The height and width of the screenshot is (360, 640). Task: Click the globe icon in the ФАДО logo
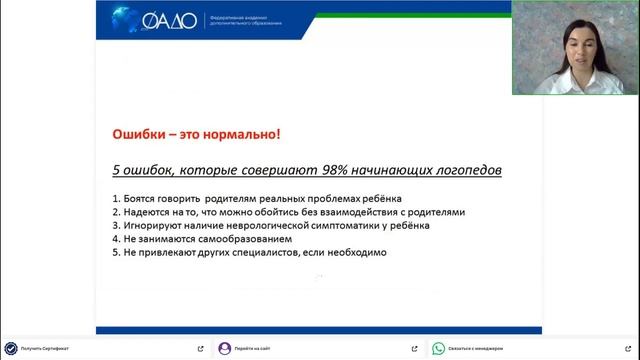point(127,19)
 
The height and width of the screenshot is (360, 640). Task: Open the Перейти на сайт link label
point(252,348)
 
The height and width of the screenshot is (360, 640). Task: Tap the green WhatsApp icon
point(437,348)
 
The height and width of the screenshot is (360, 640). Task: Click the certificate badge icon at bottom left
point(10,348)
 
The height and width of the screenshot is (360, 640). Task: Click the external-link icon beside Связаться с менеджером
point(627,348)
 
